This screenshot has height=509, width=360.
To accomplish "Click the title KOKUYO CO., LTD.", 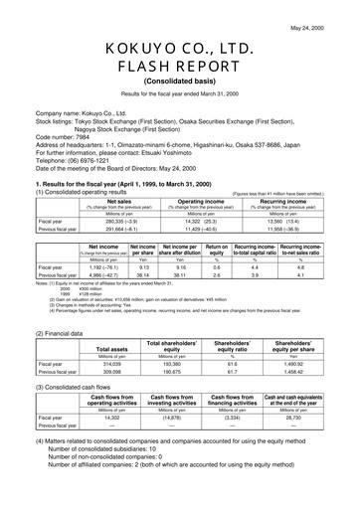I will tap(181, 50).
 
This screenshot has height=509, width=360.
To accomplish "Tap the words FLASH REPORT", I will tap(181, 70).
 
